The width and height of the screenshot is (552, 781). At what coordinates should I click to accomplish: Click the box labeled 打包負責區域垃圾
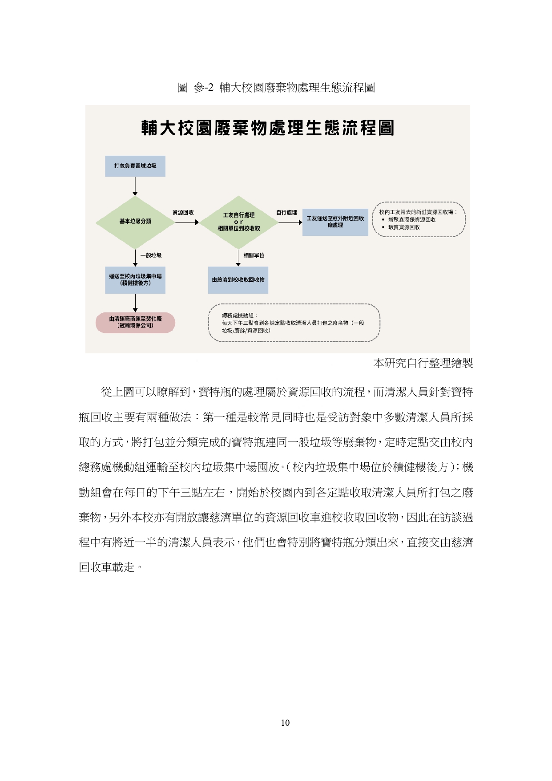pos(135,166)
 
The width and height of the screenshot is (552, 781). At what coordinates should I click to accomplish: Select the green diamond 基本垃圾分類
pos(135,222)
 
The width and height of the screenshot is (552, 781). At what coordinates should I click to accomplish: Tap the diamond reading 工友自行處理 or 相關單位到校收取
pos(238,222)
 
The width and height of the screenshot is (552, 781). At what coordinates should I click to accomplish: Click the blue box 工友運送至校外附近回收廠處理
pos(335,222)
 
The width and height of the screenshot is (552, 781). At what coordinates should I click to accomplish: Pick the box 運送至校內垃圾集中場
pos(135,279)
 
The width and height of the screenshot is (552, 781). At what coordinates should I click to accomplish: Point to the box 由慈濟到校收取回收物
pos(238,280)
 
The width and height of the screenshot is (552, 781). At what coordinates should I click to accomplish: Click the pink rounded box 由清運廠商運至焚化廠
pos(135,322)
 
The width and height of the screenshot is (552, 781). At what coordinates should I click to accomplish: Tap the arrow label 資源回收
pos(183,213)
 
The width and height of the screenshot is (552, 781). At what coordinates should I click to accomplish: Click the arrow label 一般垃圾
pos(151,255)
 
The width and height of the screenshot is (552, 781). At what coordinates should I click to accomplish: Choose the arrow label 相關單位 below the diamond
pos(254,255)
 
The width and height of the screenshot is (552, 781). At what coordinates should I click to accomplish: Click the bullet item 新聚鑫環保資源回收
pos(411,220)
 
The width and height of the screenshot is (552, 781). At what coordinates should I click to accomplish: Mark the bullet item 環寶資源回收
pos(403,227)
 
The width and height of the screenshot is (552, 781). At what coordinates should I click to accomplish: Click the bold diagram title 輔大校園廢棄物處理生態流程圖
pos(268,128)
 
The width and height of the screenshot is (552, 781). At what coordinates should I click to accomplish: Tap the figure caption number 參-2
pos(204,88)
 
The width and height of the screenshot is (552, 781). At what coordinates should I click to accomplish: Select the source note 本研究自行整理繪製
pos(423,363)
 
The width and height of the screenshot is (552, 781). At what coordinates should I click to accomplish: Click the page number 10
pos(285,723)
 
